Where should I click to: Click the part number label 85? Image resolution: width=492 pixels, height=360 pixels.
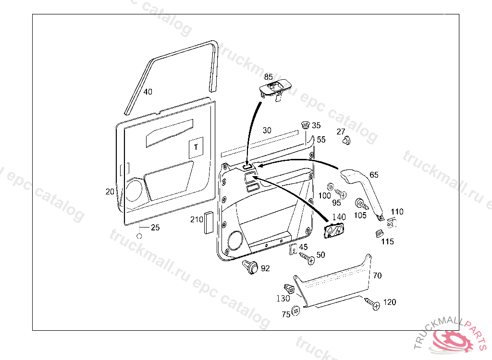point(268,77)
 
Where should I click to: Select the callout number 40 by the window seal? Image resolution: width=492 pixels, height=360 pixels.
point(148,92)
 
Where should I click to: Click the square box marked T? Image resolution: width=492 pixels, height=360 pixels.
point(196,147)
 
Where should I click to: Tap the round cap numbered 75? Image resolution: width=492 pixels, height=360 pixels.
point(296,311)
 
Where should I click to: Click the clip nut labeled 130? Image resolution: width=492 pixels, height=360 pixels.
point(290,288)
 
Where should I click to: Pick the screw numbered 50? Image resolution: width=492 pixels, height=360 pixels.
point(308,259)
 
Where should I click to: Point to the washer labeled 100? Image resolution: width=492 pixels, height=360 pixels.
point(330,186)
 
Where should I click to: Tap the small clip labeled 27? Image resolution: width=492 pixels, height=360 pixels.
point(345,140)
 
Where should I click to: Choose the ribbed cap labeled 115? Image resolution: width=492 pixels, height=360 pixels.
point(378,234)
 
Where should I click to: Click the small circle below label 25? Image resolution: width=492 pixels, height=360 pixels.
point(139,236)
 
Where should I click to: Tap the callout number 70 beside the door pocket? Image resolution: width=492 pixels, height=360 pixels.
point(377,276)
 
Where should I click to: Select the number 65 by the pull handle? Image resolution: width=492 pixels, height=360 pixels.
point(374,175)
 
